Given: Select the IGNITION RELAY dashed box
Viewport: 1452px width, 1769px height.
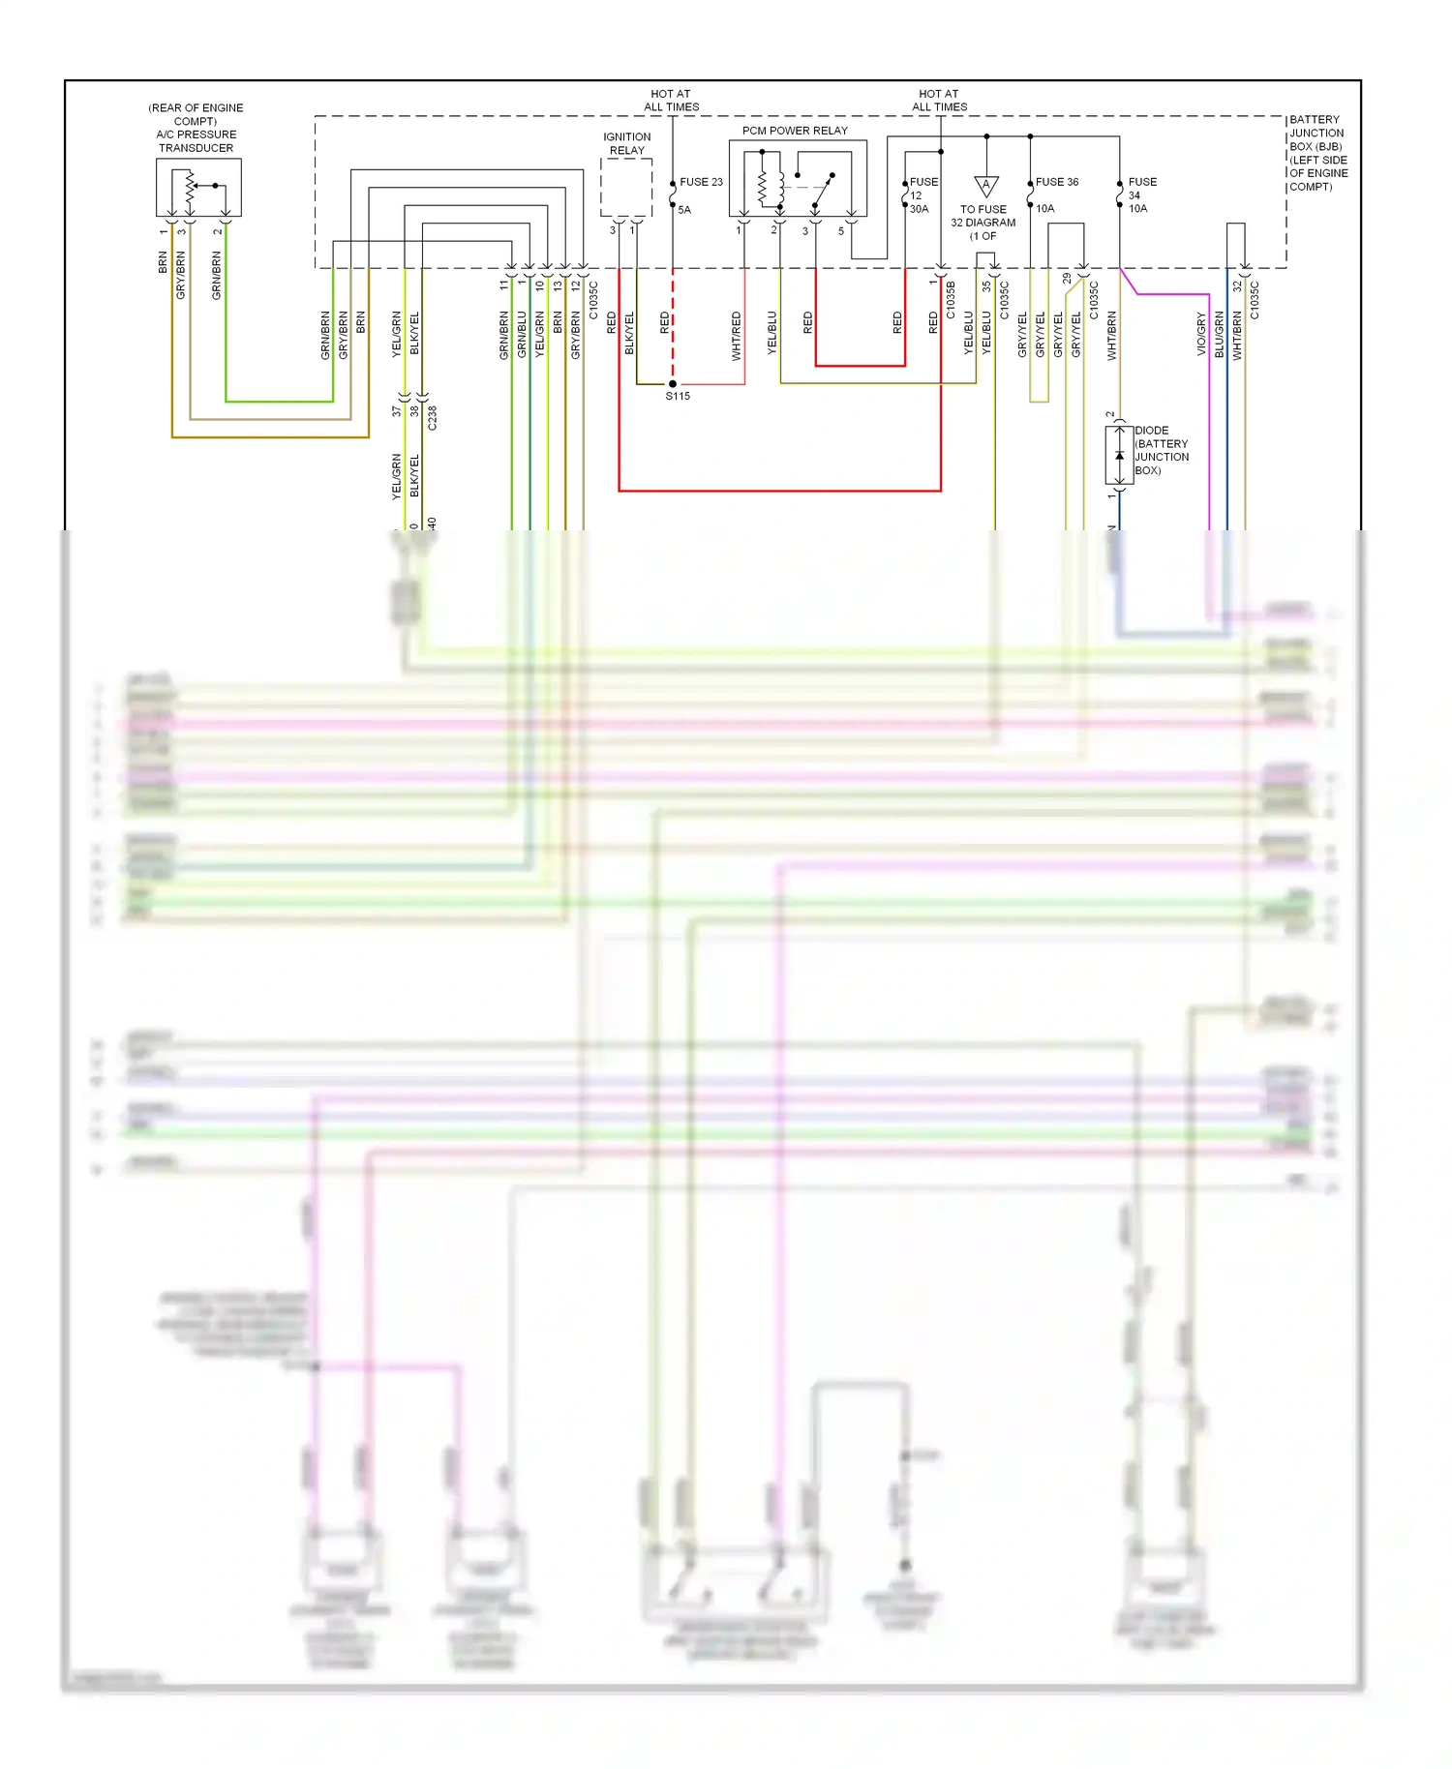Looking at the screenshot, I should click(x=625, y=188).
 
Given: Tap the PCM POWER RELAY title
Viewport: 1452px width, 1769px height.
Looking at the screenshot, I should click(x=795, y=131).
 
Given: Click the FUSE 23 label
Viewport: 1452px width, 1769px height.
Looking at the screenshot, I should click(x=701, y=182).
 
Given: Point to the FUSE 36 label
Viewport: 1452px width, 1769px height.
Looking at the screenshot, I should click(x=1057, y=182).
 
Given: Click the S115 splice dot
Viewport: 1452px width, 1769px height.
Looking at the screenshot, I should click(x=673, y=384).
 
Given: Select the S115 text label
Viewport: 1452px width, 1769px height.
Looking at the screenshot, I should click(x=678, y=397).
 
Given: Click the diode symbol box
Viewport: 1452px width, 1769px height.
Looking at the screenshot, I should click(x=1119, y=455).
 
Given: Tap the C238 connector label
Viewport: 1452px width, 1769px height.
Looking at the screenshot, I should click(x=433, y=418).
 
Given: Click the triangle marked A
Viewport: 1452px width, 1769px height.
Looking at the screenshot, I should click(x=985, y=185).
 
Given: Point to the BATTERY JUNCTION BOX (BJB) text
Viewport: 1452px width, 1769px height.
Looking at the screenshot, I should click(x=1317, y=153).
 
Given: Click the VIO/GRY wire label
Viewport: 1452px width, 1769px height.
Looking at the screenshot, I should click(x=1201, y=334).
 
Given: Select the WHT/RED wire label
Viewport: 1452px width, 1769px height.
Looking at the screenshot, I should click(x=737, y=336).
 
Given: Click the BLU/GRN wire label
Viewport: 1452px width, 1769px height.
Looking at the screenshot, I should click(x=1220, y=334).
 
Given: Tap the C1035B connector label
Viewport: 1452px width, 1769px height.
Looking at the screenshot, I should click(x=951, y=300).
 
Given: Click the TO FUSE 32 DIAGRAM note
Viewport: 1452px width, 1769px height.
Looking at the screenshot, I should click(x=983, y=223).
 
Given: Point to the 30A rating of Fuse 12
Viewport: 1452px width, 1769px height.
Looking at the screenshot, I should click(x=919, y=209).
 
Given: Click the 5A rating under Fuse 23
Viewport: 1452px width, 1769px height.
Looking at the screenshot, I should click(x=684, y=210).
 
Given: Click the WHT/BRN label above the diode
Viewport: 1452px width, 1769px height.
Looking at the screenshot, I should click(x=1111, y=336).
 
